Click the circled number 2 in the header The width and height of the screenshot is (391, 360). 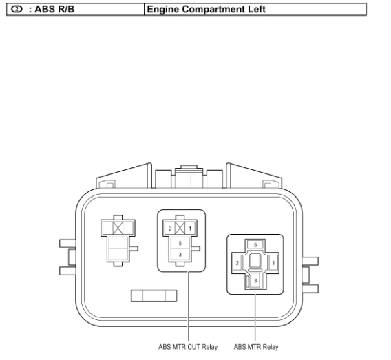click(x=17, y=9)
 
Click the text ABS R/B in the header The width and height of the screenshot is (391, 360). click(x=54, y=9)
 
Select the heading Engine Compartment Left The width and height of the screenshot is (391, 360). click(x=207, y=9)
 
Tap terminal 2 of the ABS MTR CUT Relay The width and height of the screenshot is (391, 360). click(x=170, y=229)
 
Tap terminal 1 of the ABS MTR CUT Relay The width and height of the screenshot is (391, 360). click(x=190, y=229)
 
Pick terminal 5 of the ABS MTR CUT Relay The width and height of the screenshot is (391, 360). click(x=180, y=243)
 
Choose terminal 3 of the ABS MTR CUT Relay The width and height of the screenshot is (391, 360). click(x=180, y=255)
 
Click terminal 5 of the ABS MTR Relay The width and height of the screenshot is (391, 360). click(x=255, y=245)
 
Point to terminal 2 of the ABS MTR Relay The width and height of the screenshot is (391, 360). click(x=237, y=263)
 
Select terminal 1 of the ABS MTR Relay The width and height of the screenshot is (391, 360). click(x=273, y=263)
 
